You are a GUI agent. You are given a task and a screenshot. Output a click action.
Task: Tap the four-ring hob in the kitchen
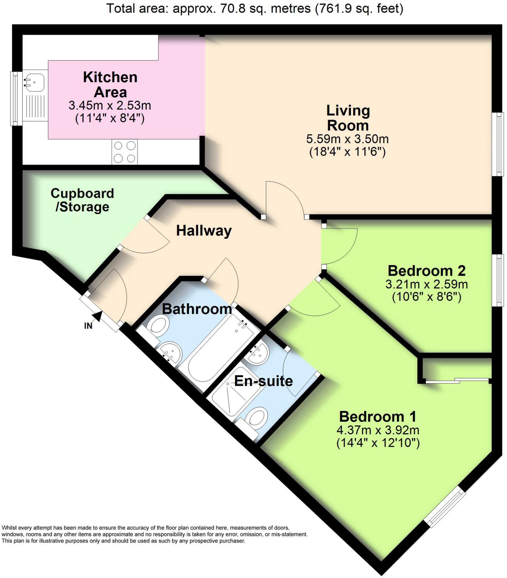click(x=124, y=152)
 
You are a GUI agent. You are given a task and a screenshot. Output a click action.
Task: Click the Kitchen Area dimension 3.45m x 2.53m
click(x=110, y=106)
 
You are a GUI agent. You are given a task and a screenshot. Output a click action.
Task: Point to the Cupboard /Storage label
click(x=82, y=200)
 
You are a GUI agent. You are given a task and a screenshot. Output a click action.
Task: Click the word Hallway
click(x=204, y=231)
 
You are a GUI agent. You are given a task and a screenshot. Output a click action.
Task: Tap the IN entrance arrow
click(x=98, y=316)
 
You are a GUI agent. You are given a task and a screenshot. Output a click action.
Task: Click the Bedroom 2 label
click(x=426, y=271)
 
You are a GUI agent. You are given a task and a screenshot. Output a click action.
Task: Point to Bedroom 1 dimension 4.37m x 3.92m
click(x=378, y=430)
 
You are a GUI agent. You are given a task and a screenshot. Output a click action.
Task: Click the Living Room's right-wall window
click(x=500, y=144)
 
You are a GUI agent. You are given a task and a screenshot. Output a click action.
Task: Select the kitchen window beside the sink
click(x=16, y=98)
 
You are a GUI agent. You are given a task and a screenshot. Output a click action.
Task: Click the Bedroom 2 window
click(x=500, y=280)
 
